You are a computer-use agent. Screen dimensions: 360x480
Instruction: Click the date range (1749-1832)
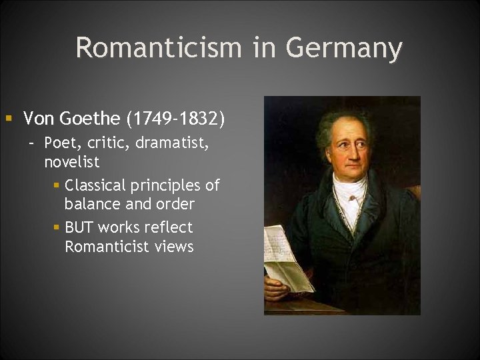(x=175, y=119)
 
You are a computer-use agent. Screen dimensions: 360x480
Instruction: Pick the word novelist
(x=71, y=162)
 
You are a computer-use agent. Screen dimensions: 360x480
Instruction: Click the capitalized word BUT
(x=79, y=227)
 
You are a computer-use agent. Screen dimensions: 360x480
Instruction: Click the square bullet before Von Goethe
(x=9, y=119)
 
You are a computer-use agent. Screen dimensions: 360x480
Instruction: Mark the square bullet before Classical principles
(x=57, y=185)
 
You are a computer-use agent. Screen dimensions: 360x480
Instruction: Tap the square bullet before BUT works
(x=57, y=227)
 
